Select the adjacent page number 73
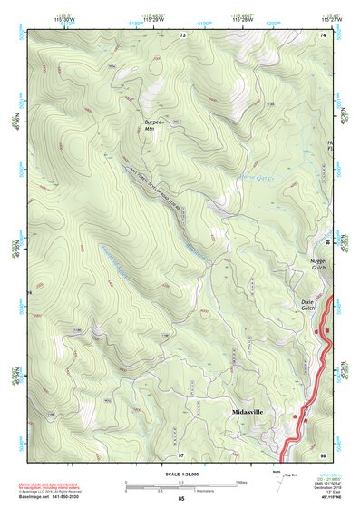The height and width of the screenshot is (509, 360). (182, 34)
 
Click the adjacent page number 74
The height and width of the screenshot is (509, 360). (323, 34)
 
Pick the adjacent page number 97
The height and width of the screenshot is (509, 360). (181, 454)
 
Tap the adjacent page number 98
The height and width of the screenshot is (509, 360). (323, 454)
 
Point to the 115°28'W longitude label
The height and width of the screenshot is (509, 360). (241, 18)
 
